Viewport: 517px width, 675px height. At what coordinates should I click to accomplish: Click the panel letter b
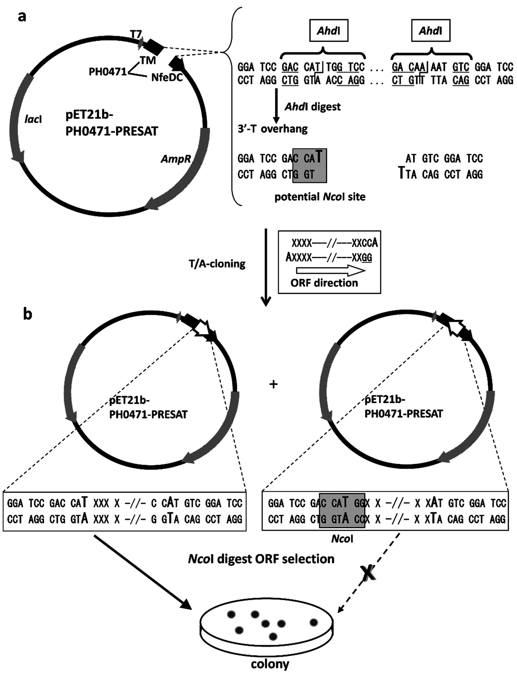[28, 315]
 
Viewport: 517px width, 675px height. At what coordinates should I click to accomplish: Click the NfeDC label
[167, 77]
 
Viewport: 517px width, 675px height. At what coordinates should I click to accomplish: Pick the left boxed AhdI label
[329, 31]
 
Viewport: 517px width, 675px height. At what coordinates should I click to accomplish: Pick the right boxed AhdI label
[430, 31]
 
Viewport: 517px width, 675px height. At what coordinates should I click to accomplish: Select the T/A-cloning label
[217, 264]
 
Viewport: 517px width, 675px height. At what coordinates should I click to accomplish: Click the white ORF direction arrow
[330, 270]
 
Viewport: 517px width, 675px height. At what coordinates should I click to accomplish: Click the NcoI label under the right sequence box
[342, 539]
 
